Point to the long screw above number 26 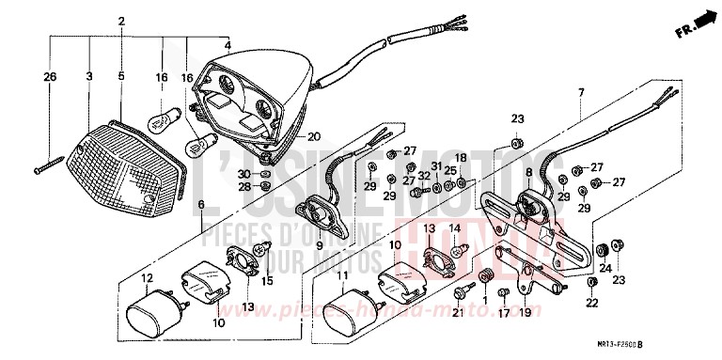(49, 165)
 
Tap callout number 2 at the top (121, 22)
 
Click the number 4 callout (227, 45)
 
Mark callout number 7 (581, 92)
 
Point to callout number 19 (525, 312)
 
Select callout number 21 (458, 313)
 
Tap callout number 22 (590, 303)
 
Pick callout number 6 (200, 204)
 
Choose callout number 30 (243, 174)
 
